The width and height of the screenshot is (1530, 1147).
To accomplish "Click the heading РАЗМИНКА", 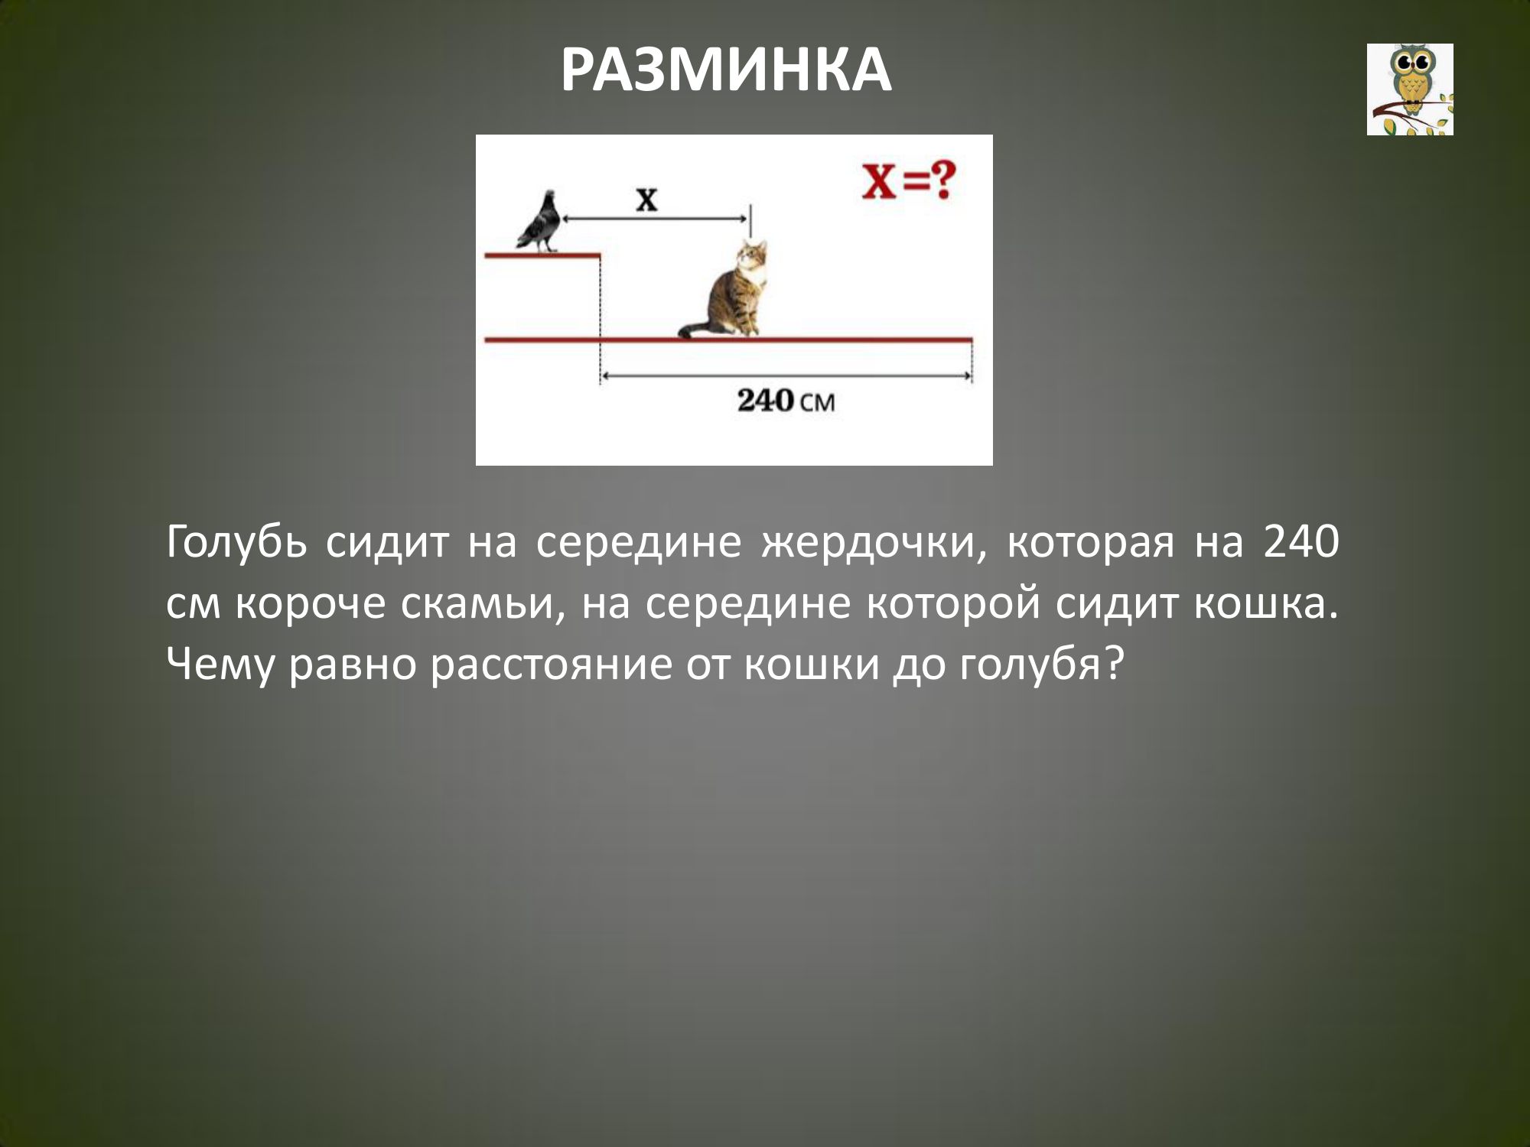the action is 726,70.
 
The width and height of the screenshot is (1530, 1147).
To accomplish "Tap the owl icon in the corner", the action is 1410,89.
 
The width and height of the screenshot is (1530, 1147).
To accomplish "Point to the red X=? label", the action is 910,182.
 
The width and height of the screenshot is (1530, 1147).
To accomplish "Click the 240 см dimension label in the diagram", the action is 786,401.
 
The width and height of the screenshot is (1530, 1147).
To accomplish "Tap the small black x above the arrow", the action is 647,200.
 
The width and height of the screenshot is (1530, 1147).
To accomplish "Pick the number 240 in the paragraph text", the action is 1301,542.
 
